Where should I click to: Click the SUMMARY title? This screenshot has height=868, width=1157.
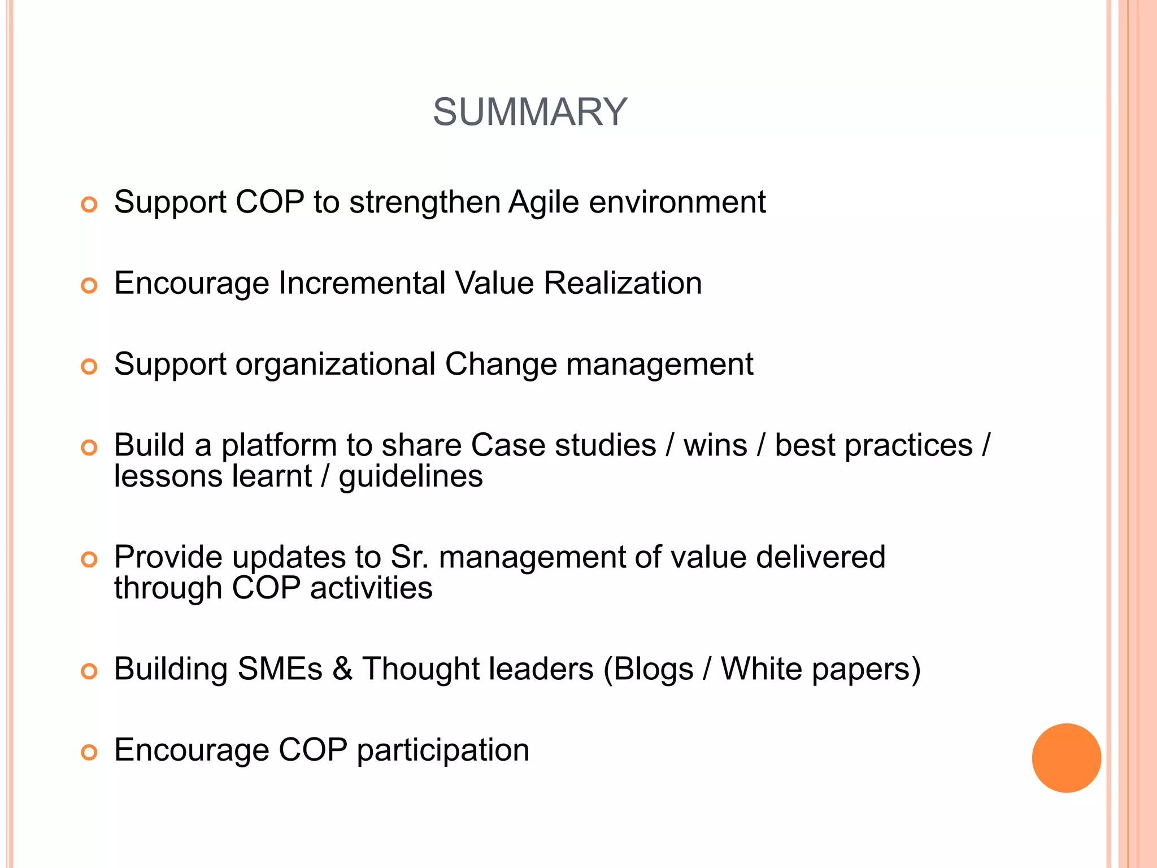click(x=530, y=112)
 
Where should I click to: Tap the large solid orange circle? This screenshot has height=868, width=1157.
click(x=1066, y=758)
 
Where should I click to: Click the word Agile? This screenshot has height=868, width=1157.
click(x=543, y=202)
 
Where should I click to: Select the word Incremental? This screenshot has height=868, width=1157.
click(x=362, y=283)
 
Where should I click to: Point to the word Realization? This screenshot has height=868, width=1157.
click(x=623, y=283)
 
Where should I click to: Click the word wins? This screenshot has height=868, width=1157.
click(x=715, y=445)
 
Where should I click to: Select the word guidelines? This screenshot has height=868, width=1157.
click(x=411, y=476)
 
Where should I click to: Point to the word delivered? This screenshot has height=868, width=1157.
click(x=820, y=557)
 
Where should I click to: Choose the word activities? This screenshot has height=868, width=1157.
click(x=371, y=588)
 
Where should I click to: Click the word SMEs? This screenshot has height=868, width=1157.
click(x=280, y=669)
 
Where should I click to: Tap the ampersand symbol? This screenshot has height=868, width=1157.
click(x=342, y=669)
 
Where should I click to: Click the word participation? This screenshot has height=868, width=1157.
click(x=443, y=751)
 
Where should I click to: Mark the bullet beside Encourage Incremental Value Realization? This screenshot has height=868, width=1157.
click(x=89, y=285)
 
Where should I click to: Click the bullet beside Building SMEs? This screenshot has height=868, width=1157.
click(x=89, y=671)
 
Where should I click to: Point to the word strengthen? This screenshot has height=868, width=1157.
click(x=425, y=202)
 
